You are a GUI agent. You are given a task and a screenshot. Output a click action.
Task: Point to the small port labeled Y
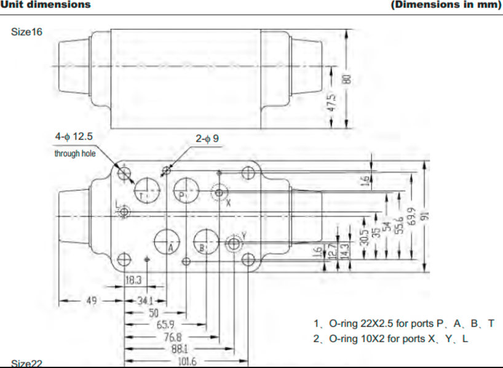[x=234, y=244]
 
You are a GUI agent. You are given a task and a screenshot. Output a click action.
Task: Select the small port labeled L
[x=124, y=212]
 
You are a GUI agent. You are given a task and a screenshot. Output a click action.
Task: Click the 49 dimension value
[x=92, y=301]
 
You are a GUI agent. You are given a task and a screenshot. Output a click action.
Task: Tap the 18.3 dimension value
[x=134, y=280]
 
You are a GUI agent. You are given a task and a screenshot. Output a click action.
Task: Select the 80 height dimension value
[x=347, y=79]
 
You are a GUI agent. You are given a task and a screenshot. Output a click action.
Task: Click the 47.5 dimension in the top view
[x=331, y=102]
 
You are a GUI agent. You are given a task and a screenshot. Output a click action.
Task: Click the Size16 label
[x=27, y=31]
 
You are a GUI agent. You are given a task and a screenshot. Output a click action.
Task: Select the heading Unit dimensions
[x=46, y=5]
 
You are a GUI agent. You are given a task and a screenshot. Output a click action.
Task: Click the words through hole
[x=75, y=153]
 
